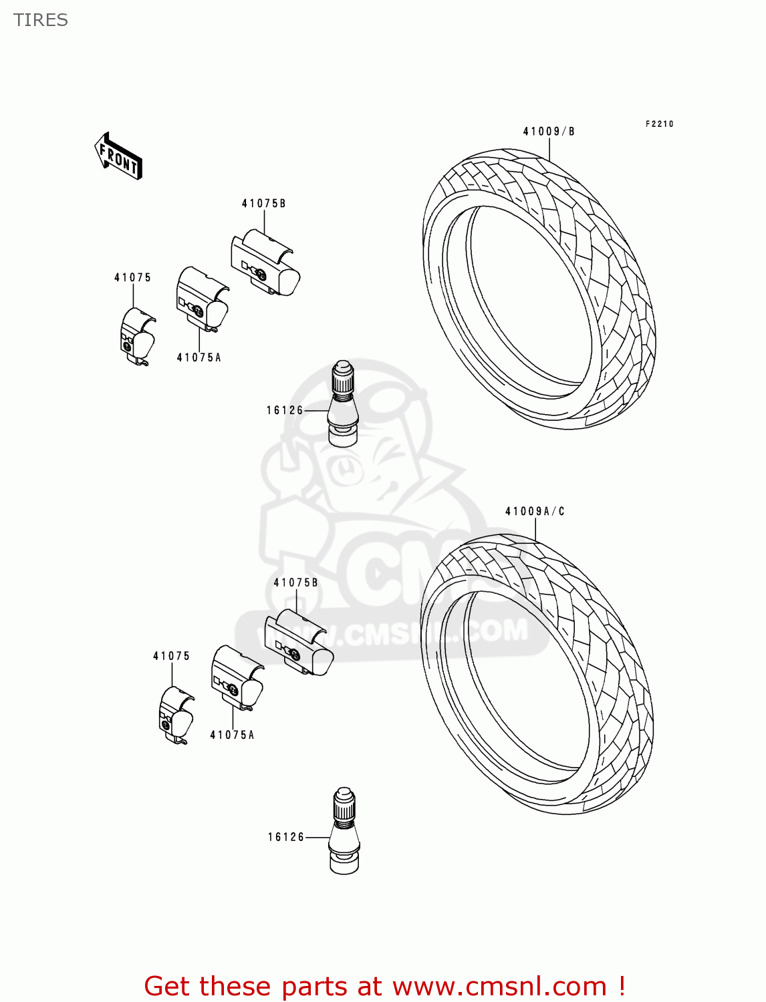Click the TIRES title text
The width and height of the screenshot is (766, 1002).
(41, 20)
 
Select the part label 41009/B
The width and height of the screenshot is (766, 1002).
(548, 132)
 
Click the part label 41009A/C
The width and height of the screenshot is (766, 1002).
(535, 512)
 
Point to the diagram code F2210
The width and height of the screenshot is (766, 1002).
(659, 124)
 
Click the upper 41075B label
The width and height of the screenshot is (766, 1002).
(263, 204)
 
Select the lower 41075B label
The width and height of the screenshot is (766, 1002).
(295, 582)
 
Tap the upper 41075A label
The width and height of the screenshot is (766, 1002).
(199, 358)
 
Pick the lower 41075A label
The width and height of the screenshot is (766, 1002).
(232, 735)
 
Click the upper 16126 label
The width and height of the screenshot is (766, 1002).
(285, 411)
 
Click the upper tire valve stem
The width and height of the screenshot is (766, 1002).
(344, 403)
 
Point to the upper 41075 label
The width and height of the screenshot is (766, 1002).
(132, 278)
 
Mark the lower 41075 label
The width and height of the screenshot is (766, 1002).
(171, 657)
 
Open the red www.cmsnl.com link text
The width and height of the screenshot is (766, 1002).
(499, 987)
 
